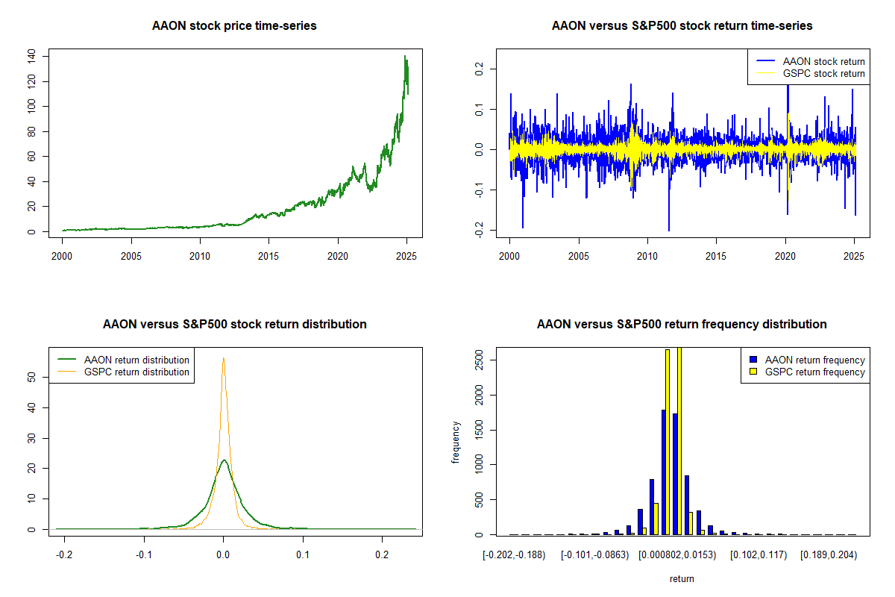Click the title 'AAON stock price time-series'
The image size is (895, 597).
234,26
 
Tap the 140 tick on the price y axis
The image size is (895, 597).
31,56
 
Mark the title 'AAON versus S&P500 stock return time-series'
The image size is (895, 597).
682,26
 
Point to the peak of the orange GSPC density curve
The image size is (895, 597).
223,358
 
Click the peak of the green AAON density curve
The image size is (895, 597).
224,460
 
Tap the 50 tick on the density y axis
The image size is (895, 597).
31,378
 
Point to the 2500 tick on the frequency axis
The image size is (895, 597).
479,360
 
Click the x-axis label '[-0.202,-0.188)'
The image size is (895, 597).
515,554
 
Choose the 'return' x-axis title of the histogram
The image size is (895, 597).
682,578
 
